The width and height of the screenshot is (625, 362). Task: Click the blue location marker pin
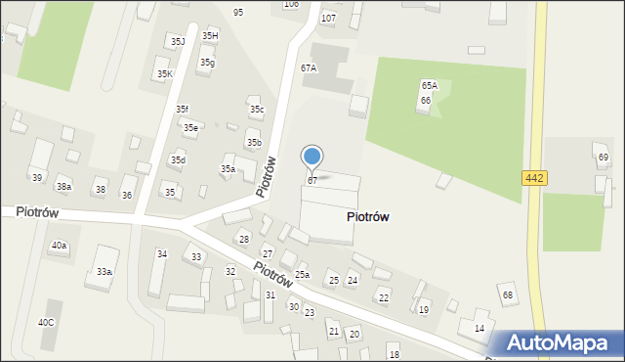point(312,157)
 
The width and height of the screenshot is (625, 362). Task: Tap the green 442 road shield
point(534,178)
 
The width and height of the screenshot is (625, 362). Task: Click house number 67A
point(309,68)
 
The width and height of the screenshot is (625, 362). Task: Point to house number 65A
point(430,86)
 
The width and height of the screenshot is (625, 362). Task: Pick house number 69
point(603,158)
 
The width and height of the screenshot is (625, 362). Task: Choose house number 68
point(507,294)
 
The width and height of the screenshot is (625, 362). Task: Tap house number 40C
point(47,322)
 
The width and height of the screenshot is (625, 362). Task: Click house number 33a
point(104,271)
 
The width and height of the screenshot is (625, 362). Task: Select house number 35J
point(177,42)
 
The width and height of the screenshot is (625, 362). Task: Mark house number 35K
point(164,73)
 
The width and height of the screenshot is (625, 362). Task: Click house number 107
point(328,19)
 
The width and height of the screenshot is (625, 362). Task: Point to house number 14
point(479,328)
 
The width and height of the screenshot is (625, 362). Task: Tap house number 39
point(36,178)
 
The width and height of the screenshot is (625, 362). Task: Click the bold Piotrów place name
point(368,217)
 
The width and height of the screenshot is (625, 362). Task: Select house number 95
point(239,12)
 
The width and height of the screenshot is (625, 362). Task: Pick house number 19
point(424,309)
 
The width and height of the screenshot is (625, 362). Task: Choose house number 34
point(162,254)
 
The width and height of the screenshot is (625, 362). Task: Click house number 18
point(394,353)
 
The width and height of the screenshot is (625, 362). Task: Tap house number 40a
point(59,246)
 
